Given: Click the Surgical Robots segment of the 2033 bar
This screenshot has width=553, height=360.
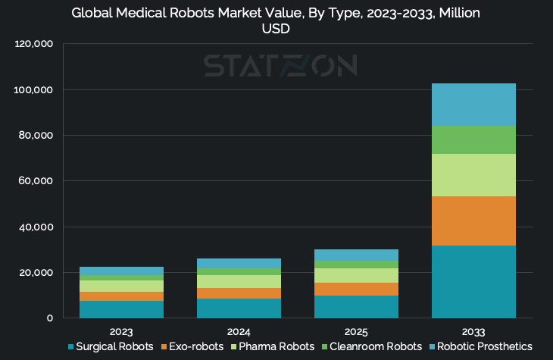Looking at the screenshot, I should tap(473, 281).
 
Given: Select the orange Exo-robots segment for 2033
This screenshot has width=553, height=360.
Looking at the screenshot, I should tap(473, 221).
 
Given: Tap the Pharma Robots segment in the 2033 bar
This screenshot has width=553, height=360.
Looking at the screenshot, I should tap(473, 175).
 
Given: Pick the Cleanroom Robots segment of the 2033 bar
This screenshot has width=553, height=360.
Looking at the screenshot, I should tap(473, 139).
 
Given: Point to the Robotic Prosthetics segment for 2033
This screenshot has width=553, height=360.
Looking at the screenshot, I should tap(473, 105).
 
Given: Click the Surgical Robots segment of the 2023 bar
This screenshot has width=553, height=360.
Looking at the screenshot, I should tap(121, 309).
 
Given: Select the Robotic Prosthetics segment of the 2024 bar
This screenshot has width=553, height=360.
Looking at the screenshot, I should tap(239, 263).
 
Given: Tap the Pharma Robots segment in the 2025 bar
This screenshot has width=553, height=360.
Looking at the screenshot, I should tap(357, 275).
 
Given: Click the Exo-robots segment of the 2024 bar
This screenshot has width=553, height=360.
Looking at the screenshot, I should tap(239, 293).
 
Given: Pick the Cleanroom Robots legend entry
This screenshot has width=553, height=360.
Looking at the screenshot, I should tap(367, 346).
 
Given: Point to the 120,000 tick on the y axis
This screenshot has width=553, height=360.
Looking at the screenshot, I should tap(33, 45).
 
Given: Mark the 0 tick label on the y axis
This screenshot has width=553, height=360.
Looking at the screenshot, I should tap(49, 318).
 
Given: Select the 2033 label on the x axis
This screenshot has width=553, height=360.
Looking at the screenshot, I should tap(473, 332).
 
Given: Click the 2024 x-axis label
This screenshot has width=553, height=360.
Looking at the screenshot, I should tap(239, 332).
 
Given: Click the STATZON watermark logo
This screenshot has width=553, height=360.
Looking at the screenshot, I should tap(280, 66).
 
